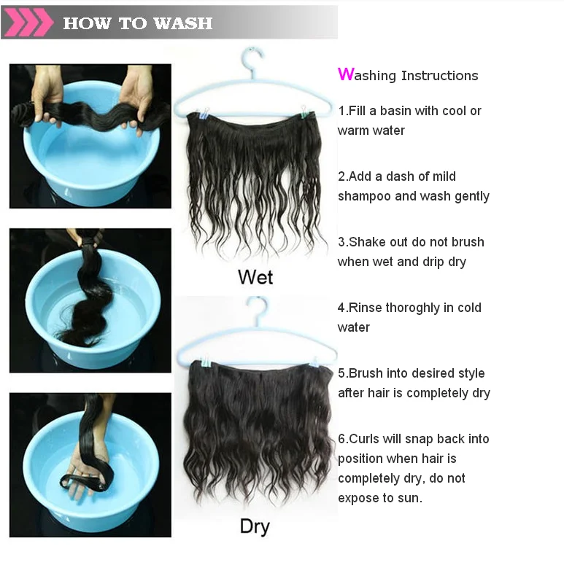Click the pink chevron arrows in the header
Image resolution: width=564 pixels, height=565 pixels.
coord(28,22)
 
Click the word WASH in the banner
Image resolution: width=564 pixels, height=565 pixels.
coord(183,23)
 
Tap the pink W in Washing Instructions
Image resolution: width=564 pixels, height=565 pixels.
coord(345,74)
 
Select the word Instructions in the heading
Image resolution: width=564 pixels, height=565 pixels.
coord(439,76)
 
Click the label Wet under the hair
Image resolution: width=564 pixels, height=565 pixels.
coord(255,277)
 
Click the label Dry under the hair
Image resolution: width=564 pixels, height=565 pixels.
coord(255,527)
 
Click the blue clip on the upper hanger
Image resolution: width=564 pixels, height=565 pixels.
coord(204,113)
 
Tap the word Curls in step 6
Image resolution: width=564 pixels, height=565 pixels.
coord(364,439)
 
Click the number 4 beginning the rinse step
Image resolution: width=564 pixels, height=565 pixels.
coord(341,308)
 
